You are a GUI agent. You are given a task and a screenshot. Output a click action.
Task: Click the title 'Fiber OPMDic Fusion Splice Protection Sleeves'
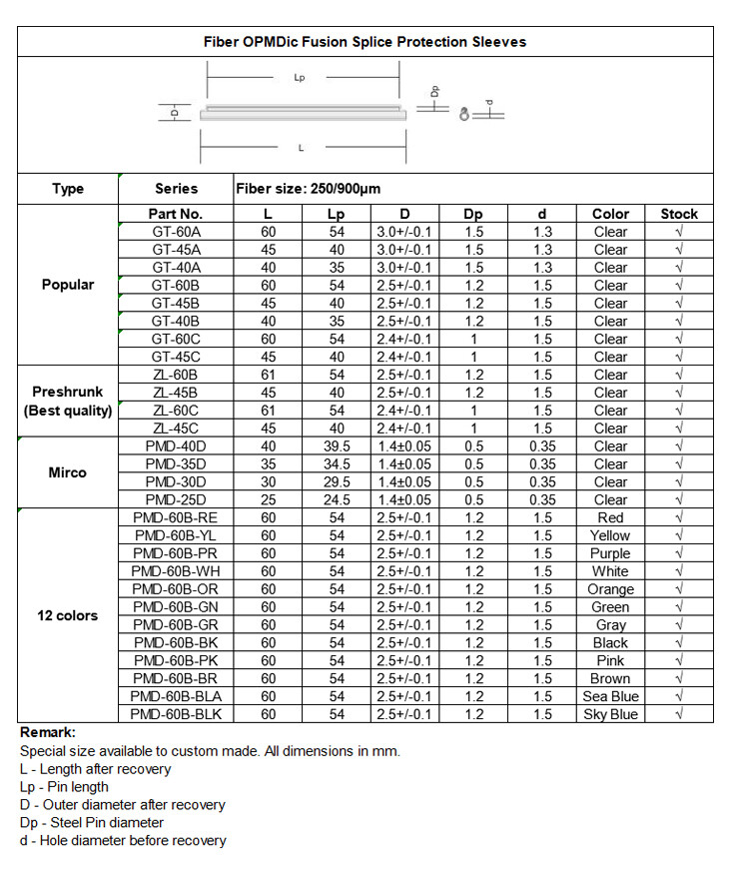365,42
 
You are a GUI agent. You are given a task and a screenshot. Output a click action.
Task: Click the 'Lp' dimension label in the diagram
300,78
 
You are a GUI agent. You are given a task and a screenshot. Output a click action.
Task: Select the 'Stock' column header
679,214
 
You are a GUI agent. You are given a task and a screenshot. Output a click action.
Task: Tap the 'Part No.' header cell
176,214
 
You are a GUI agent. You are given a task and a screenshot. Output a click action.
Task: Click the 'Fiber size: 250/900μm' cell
309,188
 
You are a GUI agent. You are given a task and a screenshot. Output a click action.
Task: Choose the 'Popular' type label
68,285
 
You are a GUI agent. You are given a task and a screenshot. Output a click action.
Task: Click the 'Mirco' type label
68,472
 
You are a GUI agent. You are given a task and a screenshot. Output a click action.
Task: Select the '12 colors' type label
68,615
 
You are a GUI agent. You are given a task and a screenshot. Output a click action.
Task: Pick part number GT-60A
176,232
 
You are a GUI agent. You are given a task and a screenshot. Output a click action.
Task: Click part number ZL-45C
176,429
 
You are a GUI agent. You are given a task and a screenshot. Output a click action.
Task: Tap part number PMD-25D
176,499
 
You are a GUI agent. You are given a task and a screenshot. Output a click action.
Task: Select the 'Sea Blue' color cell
610,696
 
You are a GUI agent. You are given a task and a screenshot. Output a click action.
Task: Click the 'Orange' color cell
610,589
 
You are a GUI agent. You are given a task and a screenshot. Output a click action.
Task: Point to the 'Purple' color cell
610,553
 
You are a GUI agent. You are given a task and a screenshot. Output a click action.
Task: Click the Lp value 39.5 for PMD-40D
336,446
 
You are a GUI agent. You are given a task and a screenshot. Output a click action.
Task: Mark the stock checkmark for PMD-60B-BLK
679,714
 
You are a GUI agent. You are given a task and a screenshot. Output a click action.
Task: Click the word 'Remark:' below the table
47,732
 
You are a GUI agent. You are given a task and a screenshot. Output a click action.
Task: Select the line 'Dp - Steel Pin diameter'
92,822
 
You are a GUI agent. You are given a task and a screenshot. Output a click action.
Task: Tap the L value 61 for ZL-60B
268,375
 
